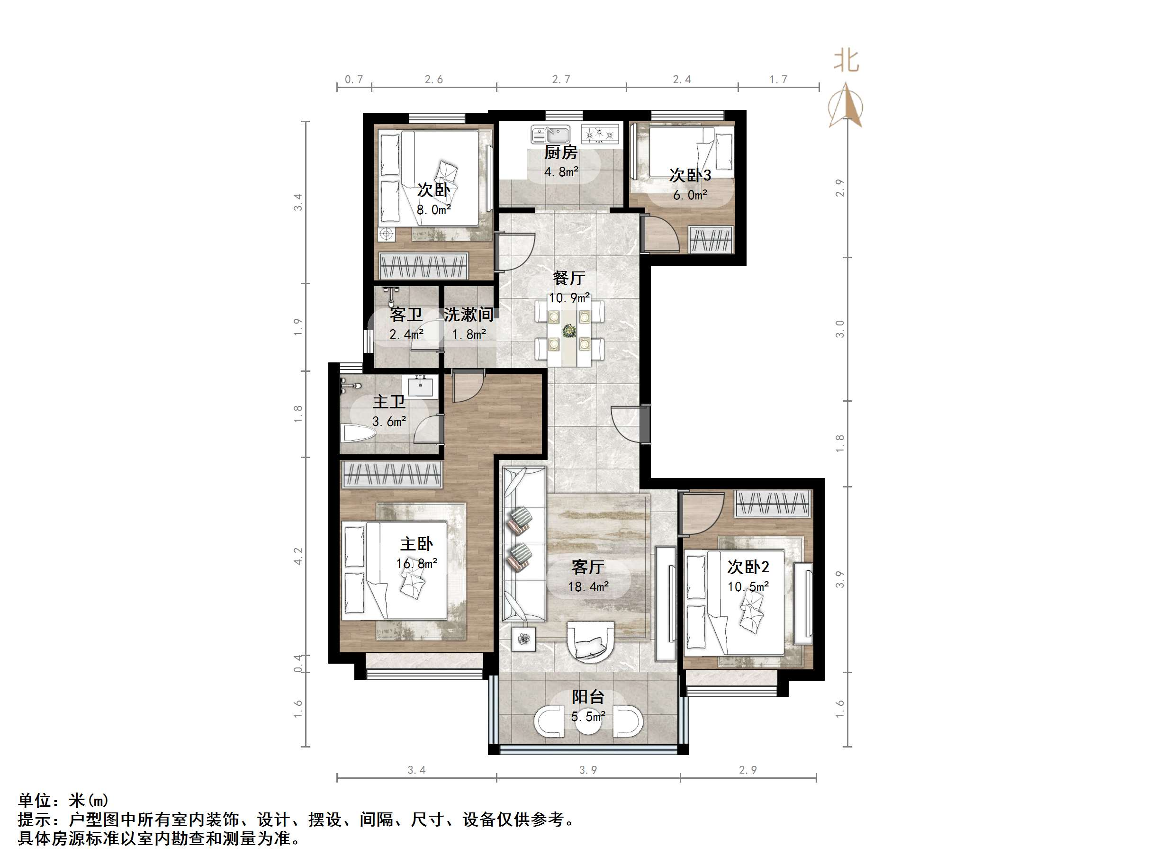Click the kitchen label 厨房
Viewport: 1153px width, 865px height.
point(561,152)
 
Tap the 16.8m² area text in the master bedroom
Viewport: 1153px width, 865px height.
point(416,563)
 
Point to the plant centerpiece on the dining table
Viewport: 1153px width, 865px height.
point(569,331)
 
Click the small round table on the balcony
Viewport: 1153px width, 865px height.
point(588,721)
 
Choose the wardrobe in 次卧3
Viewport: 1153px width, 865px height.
point(711,240)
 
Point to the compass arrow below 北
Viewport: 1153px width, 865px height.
point(847,107)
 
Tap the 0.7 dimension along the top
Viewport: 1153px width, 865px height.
point(354,79)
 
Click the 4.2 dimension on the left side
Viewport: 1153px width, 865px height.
point(297,556)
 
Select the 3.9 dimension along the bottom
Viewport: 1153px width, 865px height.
point(588,770)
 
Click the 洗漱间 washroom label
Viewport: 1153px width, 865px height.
point(468,315)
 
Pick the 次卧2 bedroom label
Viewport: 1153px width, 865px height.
point(748,567)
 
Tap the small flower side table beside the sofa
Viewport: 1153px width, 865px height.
point(523,639)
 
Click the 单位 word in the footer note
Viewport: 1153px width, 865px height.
point(35,801)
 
